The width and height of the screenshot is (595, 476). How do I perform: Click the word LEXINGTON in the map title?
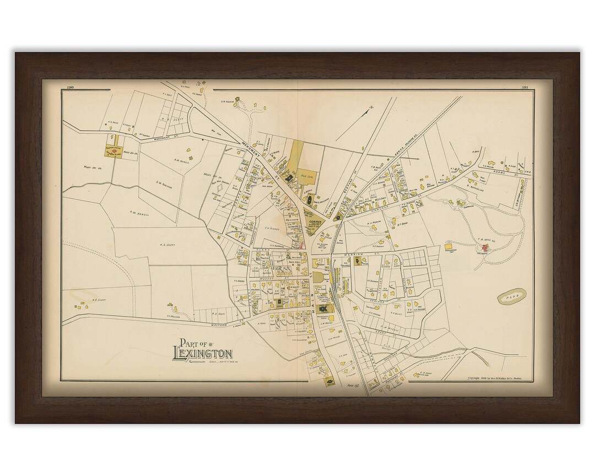[x=202, y=354]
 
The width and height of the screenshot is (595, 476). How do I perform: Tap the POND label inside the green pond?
[x=512, y=297]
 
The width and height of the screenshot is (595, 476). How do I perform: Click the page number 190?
[x=70, y=87]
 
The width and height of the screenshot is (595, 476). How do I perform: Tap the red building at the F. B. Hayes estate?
[x=484, y=248]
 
